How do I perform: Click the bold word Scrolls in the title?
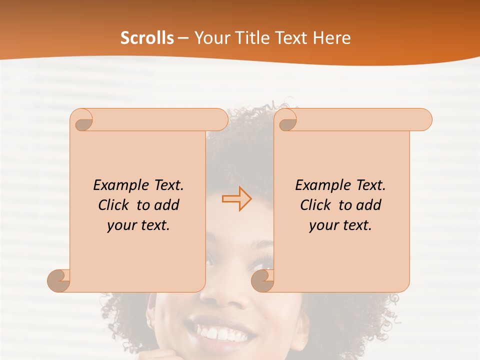pyautogui.click(x=147, y=38)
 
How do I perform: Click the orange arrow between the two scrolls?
pyautogui.click(x=237, y=199)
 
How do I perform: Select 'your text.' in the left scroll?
pyautogui.click(x=138, y=225)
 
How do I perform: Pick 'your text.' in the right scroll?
pyautogui.click(x=340, y=225)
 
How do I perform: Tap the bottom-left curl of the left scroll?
pyautogui.click(x=59, y=280)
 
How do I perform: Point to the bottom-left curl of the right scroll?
pyautogui.click(x=263, y=280)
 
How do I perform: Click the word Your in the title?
pyautogui.click(x=211, y=38)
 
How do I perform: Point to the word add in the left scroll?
pyautogui.click(x=166, y=205)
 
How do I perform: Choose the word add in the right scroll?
pyautogui.click(x=368, y=205)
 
